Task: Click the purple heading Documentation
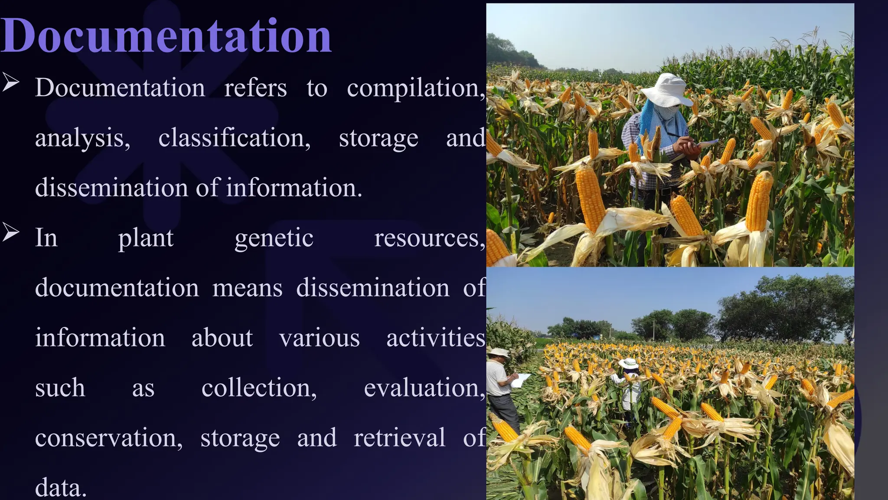(166, 36)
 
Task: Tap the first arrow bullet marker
(10, 82)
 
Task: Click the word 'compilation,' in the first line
(415, 89)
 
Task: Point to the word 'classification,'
(234, 138)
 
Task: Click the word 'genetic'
(274, 239)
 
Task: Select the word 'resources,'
(429, 239)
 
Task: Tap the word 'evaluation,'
(424, 388)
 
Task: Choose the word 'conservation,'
(109, 438)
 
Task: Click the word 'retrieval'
(399, 437)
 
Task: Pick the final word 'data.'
(61, 488)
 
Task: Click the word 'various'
(320, 338)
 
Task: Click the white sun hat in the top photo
(666, 89)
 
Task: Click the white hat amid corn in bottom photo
(628, 363)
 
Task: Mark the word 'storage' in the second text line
(379, 138)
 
